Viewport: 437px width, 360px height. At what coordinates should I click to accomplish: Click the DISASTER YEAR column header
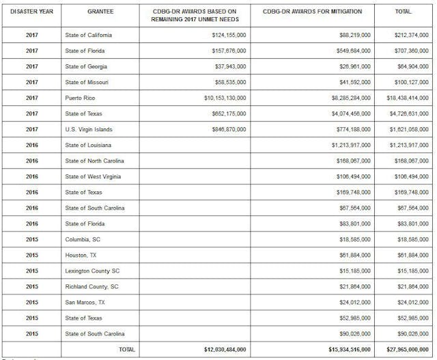(x=31, y=12)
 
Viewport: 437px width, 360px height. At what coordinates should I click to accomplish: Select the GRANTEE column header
(x=100, y=12)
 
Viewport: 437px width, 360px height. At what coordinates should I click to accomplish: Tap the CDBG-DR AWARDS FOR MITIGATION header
(x=318, y=12)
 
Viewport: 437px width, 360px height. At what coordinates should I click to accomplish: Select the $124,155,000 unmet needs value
(x=229, y=35)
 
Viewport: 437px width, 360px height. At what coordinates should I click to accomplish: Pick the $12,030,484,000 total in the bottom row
(x=225, y=349)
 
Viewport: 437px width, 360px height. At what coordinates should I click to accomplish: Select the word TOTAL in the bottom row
(x=126, y=349)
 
